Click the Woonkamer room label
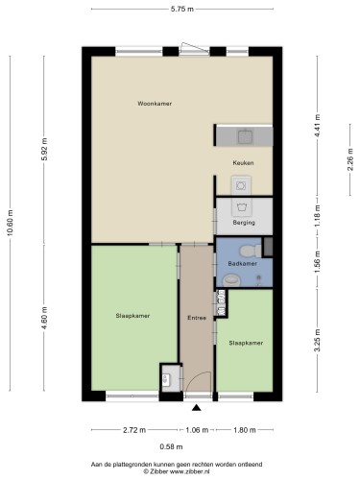155,104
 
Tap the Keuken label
243,163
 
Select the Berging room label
244,223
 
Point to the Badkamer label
242,264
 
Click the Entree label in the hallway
197,318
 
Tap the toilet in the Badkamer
251,251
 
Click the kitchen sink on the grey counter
245,137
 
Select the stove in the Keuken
241,185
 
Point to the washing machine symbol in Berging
241,206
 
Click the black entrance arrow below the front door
197,408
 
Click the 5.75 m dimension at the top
182,9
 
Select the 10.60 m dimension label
10,224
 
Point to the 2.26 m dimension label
350,159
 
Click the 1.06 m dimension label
197,430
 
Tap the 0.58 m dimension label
171,446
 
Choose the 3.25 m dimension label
317,341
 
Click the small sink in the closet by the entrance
166,379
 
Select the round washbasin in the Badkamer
231,280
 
